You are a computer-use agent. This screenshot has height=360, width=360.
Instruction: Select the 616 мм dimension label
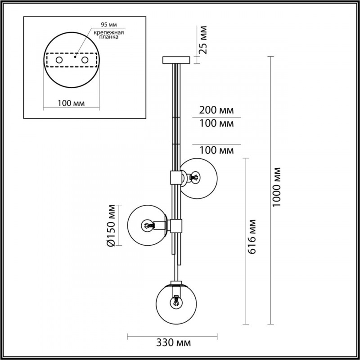[x=254, y=237]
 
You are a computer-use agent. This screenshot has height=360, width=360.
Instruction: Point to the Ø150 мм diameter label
[x=112, y=225]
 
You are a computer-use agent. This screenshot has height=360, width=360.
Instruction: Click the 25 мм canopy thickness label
[x=203, y=39]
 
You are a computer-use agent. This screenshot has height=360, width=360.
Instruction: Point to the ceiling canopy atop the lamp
[x=176, y=60]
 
